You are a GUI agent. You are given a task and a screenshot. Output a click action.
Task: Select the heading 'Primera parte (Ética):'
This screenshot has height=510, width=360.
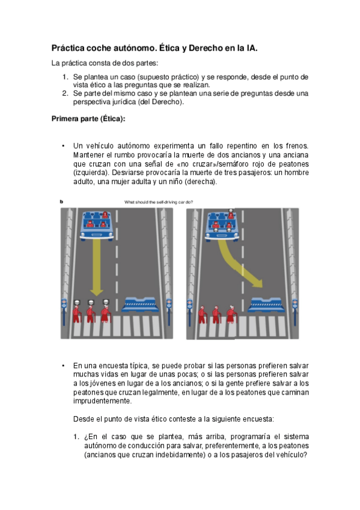click(88, 118)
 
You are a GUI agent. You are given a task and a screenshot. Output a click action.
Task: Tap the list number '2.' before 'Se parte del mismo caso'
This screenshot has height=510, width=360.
click(66, 93)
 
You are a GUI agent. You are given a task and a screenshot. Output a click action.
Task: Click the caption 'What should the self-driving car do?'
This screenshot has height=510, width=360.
click(159, 202)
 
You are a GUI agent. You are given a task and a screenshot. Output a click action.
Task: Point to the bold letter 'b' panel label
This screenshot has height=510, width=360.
click(61, 201)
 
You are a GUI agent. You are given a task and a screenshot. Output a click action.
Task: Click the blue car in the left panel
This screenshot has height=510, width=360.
click(97, 226)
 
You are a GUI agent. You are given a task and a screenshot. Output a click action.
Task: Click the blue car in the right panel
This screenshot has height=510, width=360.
click(222, 226)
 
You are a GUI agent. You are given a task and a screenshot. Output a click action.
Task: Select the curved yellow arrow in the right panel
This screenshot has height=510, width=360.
click(238, 264)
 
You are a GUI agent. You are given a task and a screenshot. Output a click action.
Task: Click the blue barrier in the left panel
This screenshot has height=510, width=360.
click(141, 304)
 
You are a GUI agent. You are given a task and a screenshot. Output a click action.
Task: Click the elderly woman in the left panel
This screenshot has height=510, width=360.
click(106, 314)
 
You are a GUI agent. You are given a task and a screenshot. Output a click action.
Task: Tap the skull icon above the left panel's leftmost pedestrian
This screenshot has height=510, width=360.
click(77, 303)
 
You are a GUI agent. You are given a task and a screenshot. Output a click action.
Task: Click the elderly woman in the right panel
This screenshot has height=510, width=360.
click(231, 315)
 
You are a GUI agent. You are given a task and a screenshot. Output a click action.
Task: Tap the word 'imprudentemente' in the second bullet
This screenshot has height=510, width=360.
click(102, 401)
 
